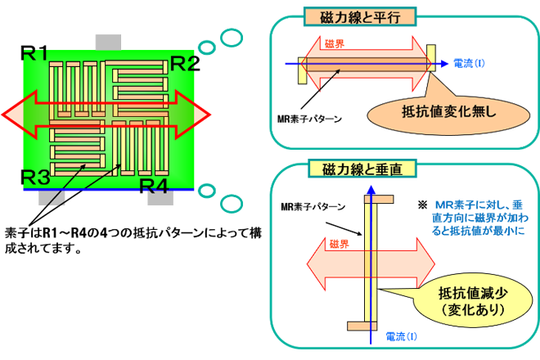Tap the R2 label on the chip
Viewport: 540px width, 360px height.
pyautogui.click(x=184, y=63)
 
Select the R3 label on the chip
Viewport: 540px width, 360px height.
pyautogui.click(x=37, y=175)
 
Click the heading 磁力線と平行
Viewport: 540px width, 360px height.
pyautogui.click(x=360, y=16)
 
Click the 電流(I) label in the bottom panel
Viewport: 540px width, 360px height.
pyautogui.click(x=400, y=337)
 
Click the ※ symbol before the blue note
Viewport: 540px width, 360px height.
pyautogui.click(x=422, y=204)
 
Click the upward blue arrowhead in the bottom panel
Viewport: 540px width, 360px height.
pyautogui.click(x=371, y=191)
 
